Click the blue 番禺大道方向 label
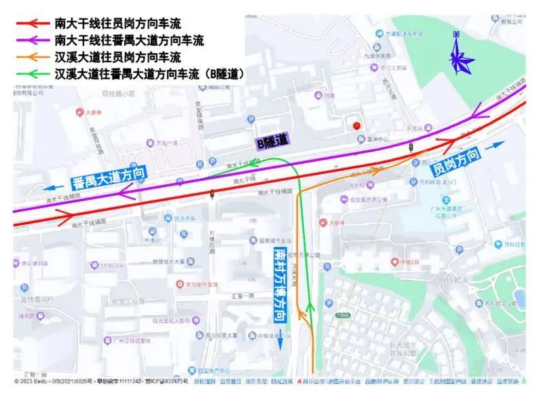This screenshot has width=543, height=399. tap(109, 179)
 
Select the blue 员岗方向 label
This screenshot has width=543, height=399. tap(456, 160)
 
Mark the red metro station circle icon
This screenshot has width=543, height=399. tap(356, 126)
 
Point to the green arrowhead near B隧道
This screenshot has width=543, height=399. tap(252, 163)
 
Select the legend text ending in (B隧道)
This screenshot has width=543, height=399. tap(149, 73)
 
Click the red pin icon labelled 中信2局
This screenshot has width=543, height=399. tap(393, 261)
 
